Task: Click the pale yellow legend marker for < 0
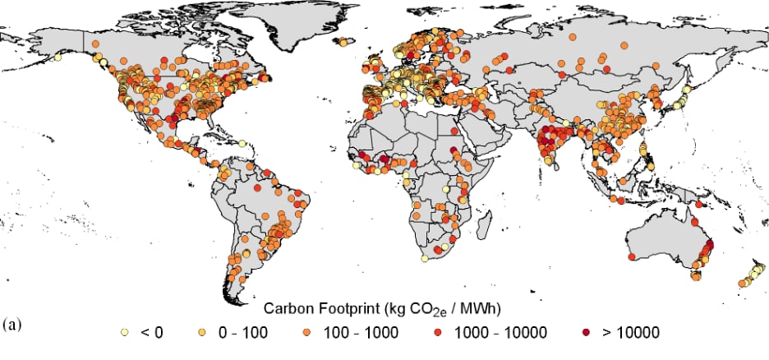[x=124, y=332]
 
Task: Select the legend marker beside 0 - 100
[x=202, y=332]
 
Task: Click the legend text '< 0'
[x=152, y=332]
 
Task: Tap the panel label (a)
[x=13, y=323]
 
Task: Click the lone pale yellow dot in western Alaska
[x=58, y=58]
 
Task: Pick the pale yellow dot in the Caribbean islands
[x=244, y=144]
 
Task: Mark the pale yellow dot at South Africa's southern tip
[x=424, y=257]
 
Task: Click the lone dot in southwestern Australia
[x=631, y=258]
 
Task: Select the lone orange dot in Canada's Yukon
[x=96, y=43]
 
